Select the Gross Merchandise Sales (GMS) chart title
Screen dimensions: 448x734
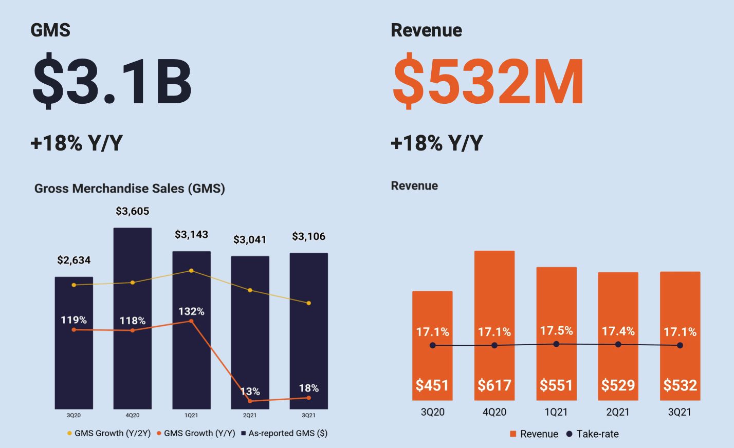[130, 189]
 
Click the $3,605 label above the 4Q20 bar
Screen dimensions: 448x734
[133, 211]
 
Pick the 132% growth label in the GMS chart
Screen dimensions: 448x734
[191, 311]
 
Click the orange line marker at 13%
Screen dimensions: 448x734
[250, 401]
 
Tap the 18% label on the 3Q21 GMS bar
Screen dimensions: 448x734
[309, 388]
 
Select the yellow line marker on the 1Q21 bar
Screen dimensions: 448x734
[191, 271]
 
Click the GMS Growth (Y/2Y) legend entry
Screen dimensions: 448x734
[109, 433]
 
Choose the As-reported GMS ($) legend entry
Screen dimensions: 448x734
[284, 433]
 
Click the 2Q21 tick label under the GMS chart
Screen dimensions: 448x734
[250, 415]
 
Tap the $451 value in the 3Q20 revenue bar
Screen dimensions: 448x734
[432, 385]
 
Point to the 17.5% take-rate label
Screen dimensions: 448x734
[556, 331]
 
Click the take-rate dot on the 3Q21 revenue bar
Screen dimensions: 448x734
[680, 345]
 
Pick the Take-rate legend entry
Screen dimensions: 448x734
[593, 434]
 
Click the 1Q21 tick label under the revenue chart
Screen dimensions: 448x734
[556, 412]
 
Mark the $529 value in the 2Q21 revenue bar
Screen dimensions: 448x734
[618, 385]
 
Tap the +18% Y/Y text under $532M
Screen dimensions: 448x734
[437, 143]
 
